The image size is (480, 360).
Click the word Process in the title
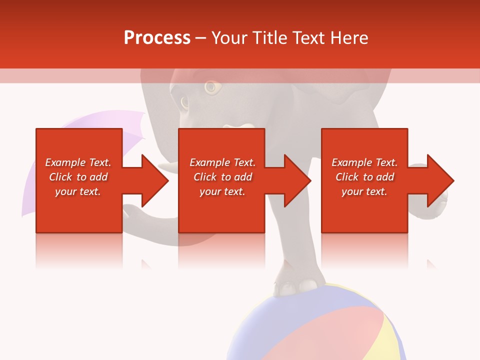[x=157, y=38]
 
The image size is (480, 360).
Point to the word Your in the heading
[x=229, y=38]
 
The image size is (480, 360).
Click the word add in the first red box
[x=98, y=177]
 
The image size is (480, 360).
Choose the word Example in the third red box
[x=351, y=162]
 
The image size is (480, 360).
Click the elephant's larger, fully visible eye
[x=212, y=87]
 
